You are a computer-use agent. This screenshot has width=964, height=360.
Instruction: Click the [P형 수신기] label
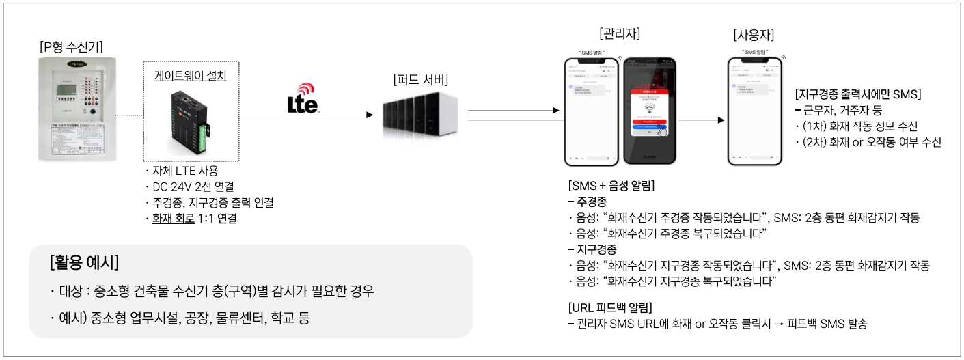(x=71, y=47)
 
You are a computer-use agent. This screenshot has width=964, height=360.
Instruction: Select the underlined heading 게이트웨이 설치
(x=190, y=76)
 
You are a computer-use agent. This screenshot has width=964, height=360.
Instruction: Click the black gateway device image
(x=189, y=123)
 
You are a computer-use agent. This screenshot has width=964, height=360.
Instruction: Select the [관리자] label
(x=619, y=33)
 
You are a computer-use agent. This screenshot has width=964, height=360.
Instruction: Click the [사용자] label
(x=754, y=35)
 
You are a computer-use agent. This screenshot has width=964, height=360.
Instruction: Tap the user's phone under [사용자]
(x=754, y=110)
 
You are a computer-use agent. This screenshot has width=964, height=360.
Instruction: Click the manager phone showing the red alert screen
(x=650, y=110)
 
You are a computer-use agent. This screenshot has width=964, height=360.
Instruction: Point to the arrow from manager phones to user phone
(x=702, y=120)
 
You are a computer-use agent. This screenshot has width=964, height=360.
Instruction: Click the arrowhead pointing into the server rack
(x=370, y=115)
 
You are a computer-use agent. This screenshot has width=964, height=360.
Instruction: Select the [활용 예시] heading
(x=85, y=262)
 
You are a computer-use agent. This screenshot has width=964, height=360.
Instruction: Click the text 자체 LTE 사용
(x=184, y=171)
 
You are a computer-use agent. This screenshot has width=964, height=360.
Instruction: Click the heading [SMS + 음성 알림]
(x=611, y=186)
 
